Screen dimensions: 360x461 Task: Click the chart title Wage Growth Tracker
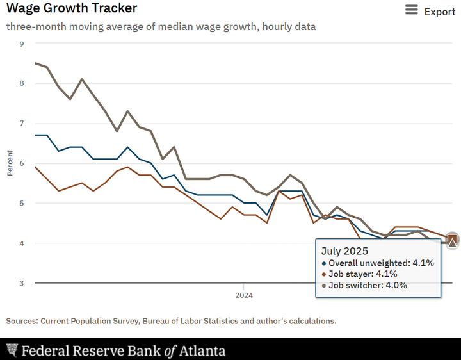click(x=71, y=9)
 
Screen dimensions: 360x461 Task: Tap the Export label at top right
click(x=440, y=12)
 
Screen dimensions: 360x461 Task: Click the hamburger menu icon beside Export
click(x=412, y=10)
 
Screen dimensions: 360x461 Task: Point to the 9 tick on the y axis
click(x=22, y=44)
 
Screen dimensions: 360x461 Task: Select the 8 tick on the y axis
click(x=22, y=83)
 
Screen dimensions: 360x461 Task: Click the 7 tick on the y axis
click(x=22, y=123)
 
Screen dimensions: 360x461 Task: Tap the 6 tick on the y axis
click(x=22, y=163)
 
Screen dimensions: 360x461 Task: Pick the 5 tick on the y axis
click(x=22, y=203)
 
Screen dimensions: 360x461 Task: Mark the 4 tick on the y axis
click(x=22, y=243)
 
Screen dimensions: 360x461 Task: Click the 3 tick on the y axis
click(x=22, y=282)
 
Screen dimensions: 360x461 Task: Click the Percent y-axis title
click(x=10, y=163)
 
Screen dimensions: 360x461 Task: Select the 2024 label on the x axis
click(x=243, y=295)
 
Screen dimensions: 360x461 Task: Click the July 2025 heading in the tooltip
click(x=345, y=250)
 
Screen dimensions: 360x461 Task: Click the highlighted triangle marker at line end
click(x=453, y=241)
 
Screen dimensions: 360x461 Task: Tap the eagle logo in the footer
click(x=12, y=350)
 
